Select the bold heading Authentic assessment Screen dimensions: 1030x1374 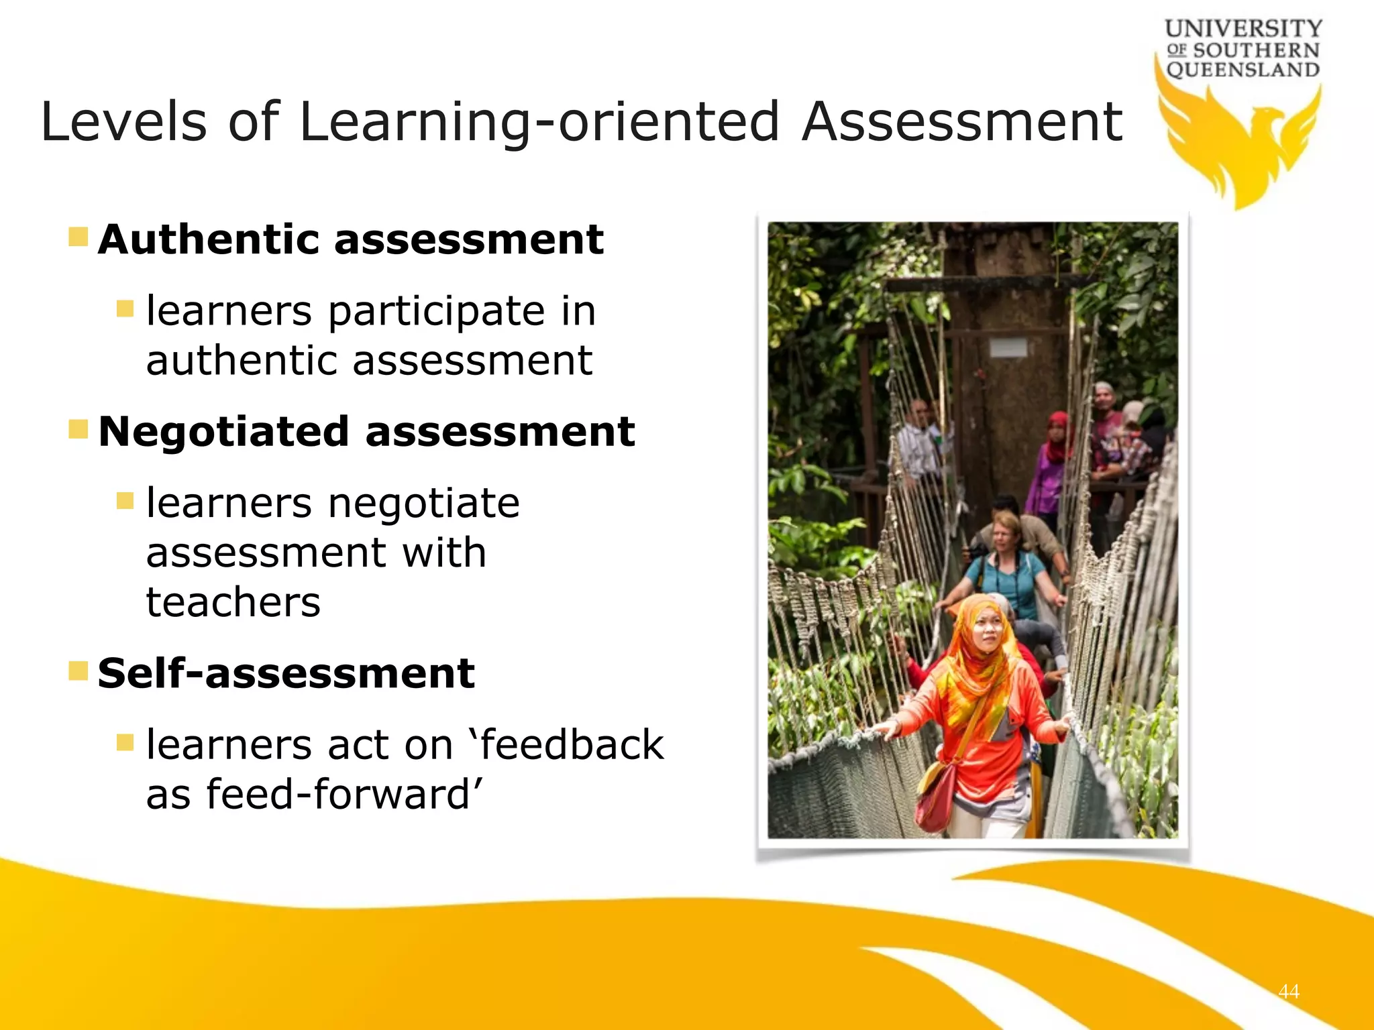pos(350,239)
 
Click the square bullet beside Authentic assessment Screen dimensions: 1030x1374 pos(78,237)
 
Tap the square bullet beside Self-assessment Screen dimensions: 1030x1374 pos(78,671)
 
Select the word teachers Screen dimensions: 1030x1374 pos(233,602)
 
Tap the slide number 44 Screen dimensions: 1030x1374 pos(1289,991)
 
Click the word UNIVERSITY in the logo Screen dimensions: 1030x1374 pos(1243,29)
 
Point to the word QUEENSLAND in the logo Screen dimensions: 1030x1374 pos(1243,70)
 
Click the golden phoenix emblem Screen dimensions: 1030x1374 pos(1241,144)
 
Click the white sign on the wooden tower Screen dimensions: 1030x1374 pos(1008,347)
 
